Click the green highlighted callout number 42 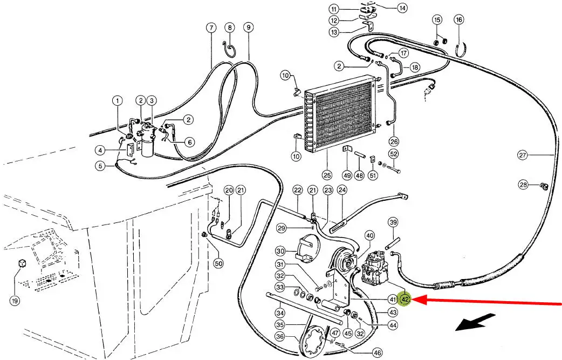pos(406,300)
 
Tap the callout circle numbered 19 pos(15,301)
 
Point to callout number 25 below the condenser pos(327,175)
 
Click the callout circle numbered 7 pos(211,28)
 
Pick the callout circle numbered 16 pos(459,20)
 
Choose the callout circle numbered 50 pos(218,263)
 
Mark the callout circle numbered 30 pos(280,251)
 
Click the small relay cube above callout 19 pos(23,263)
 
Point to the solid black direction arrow pos(476,322)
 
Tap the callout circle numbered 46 pos(378,353)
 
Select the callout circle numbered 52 pos(394,154)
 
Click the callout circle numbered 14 pos(402,8)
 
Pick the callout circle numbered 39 pos(393,222)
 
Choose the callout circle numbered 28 pos(524,185)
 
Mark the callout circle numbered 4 pos(101,150)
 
